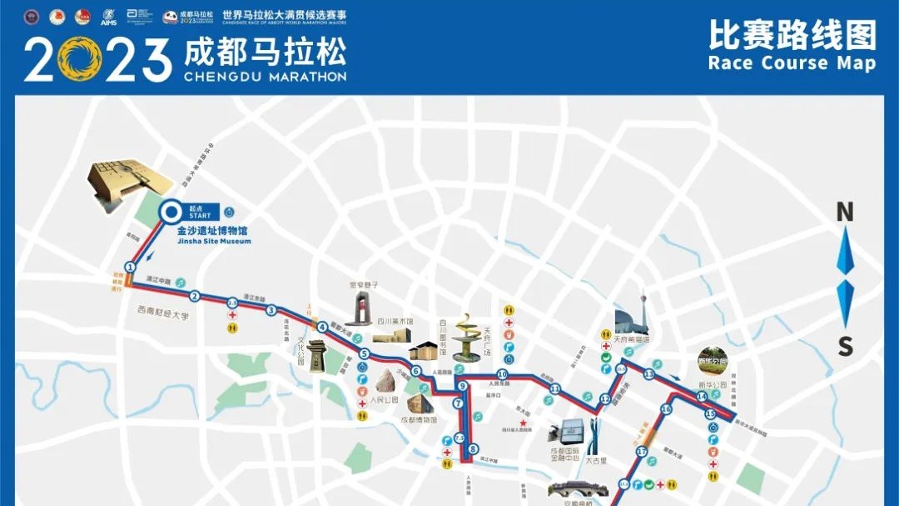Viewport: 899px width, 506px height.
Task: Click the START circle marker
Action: point(171,212)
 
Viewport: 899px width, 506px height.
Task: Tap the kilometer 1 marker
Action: point(130,267)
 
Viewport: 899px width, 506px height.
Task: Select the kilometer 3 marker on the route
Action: point(271,310)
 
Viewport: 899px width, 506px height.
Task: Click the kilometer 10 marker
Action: point(502,374)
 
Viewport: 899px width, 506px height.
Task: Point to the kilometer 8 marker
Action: point(473,449)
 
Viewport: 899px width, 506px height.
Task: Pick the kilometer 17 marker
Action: point(641,452)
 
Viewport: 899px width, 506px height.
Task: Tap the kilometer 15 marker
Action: point(710,414)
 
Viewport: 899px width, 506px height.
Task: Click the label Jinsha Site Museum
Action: point(214,242)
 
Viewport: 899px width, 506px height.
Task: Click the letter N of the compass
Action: point(845,213)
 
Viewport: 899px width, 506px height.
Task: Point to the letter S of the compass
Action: point(845,346)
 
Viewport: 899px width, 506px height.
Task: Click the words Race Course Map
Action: point(792,63)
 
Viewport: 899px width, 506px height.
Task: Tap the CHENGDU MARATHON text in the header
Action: point(264,77)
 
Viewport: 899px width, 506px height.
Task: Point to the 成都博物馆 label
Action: point(420,420)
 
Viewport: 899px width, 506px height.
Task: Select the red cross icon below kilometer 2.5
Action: point(233,315)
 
